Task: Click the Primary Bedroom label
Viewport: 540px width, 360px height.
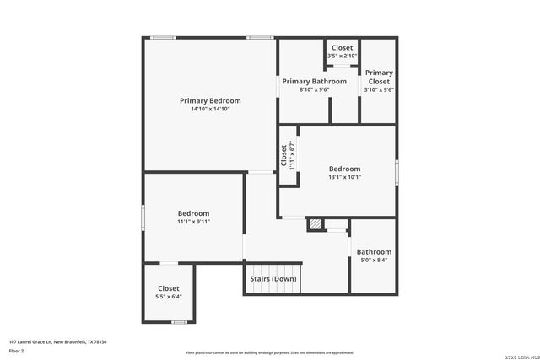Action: [x=210, y=100]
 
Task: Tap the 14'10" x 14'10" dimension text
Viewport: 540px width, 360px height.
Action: [x=210, y=109]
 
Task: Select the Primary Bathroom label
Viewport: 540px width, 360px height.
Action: [x=314, y=81]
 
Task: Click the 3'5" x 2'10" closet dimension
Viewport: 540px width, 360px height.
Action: [x=342, y=56]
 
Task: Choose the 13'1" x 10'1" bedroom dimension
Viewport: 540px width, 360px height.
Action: [x=344, y=177]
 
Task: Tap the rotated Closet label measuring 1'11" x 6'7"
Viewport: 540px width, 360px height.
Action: [x=283, y=155]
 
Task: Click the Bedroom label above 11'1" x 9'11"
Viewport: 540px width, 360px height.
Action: [x=193, y=213]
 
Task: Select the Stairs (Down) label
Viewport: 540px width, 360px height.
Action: [x=273, y=278]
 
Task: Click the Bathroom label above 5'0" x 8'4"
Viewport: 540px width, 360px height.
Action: [x=373, y=252]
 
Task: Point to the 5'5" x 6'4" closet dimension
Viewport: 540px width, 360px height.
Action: [x=169, y=297]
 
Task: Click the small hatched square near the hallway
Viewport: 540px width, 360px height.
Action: [x=315, y=224]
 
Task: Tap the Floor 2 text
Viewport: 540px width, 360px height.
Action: [x=17, y=350]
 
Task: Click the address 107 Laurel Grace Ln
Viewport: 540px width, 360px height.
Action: [x=57, y=341]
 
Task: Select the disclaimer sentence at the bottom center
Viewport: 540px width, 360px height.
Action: [x=270, y=352]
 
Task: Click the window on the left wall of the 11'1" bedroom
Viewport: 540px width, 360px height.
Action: [x=143, y=217]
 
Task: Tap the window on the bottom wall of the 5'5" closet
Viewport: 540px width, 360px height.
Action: [x=178, y=322]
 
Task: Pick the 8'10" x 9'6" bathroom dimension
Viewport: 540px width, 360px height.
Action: [x=314, y=89]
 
